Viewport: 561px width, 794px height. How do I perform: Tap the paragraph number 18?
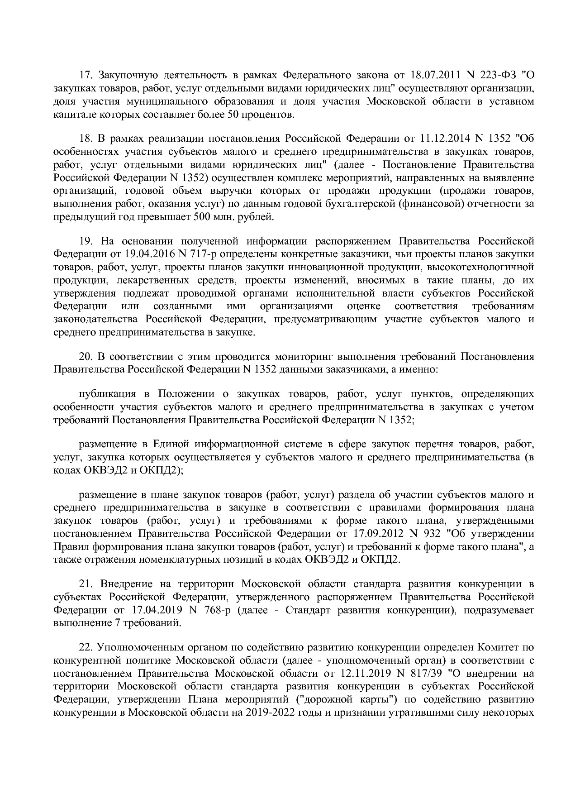(86, 138)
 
